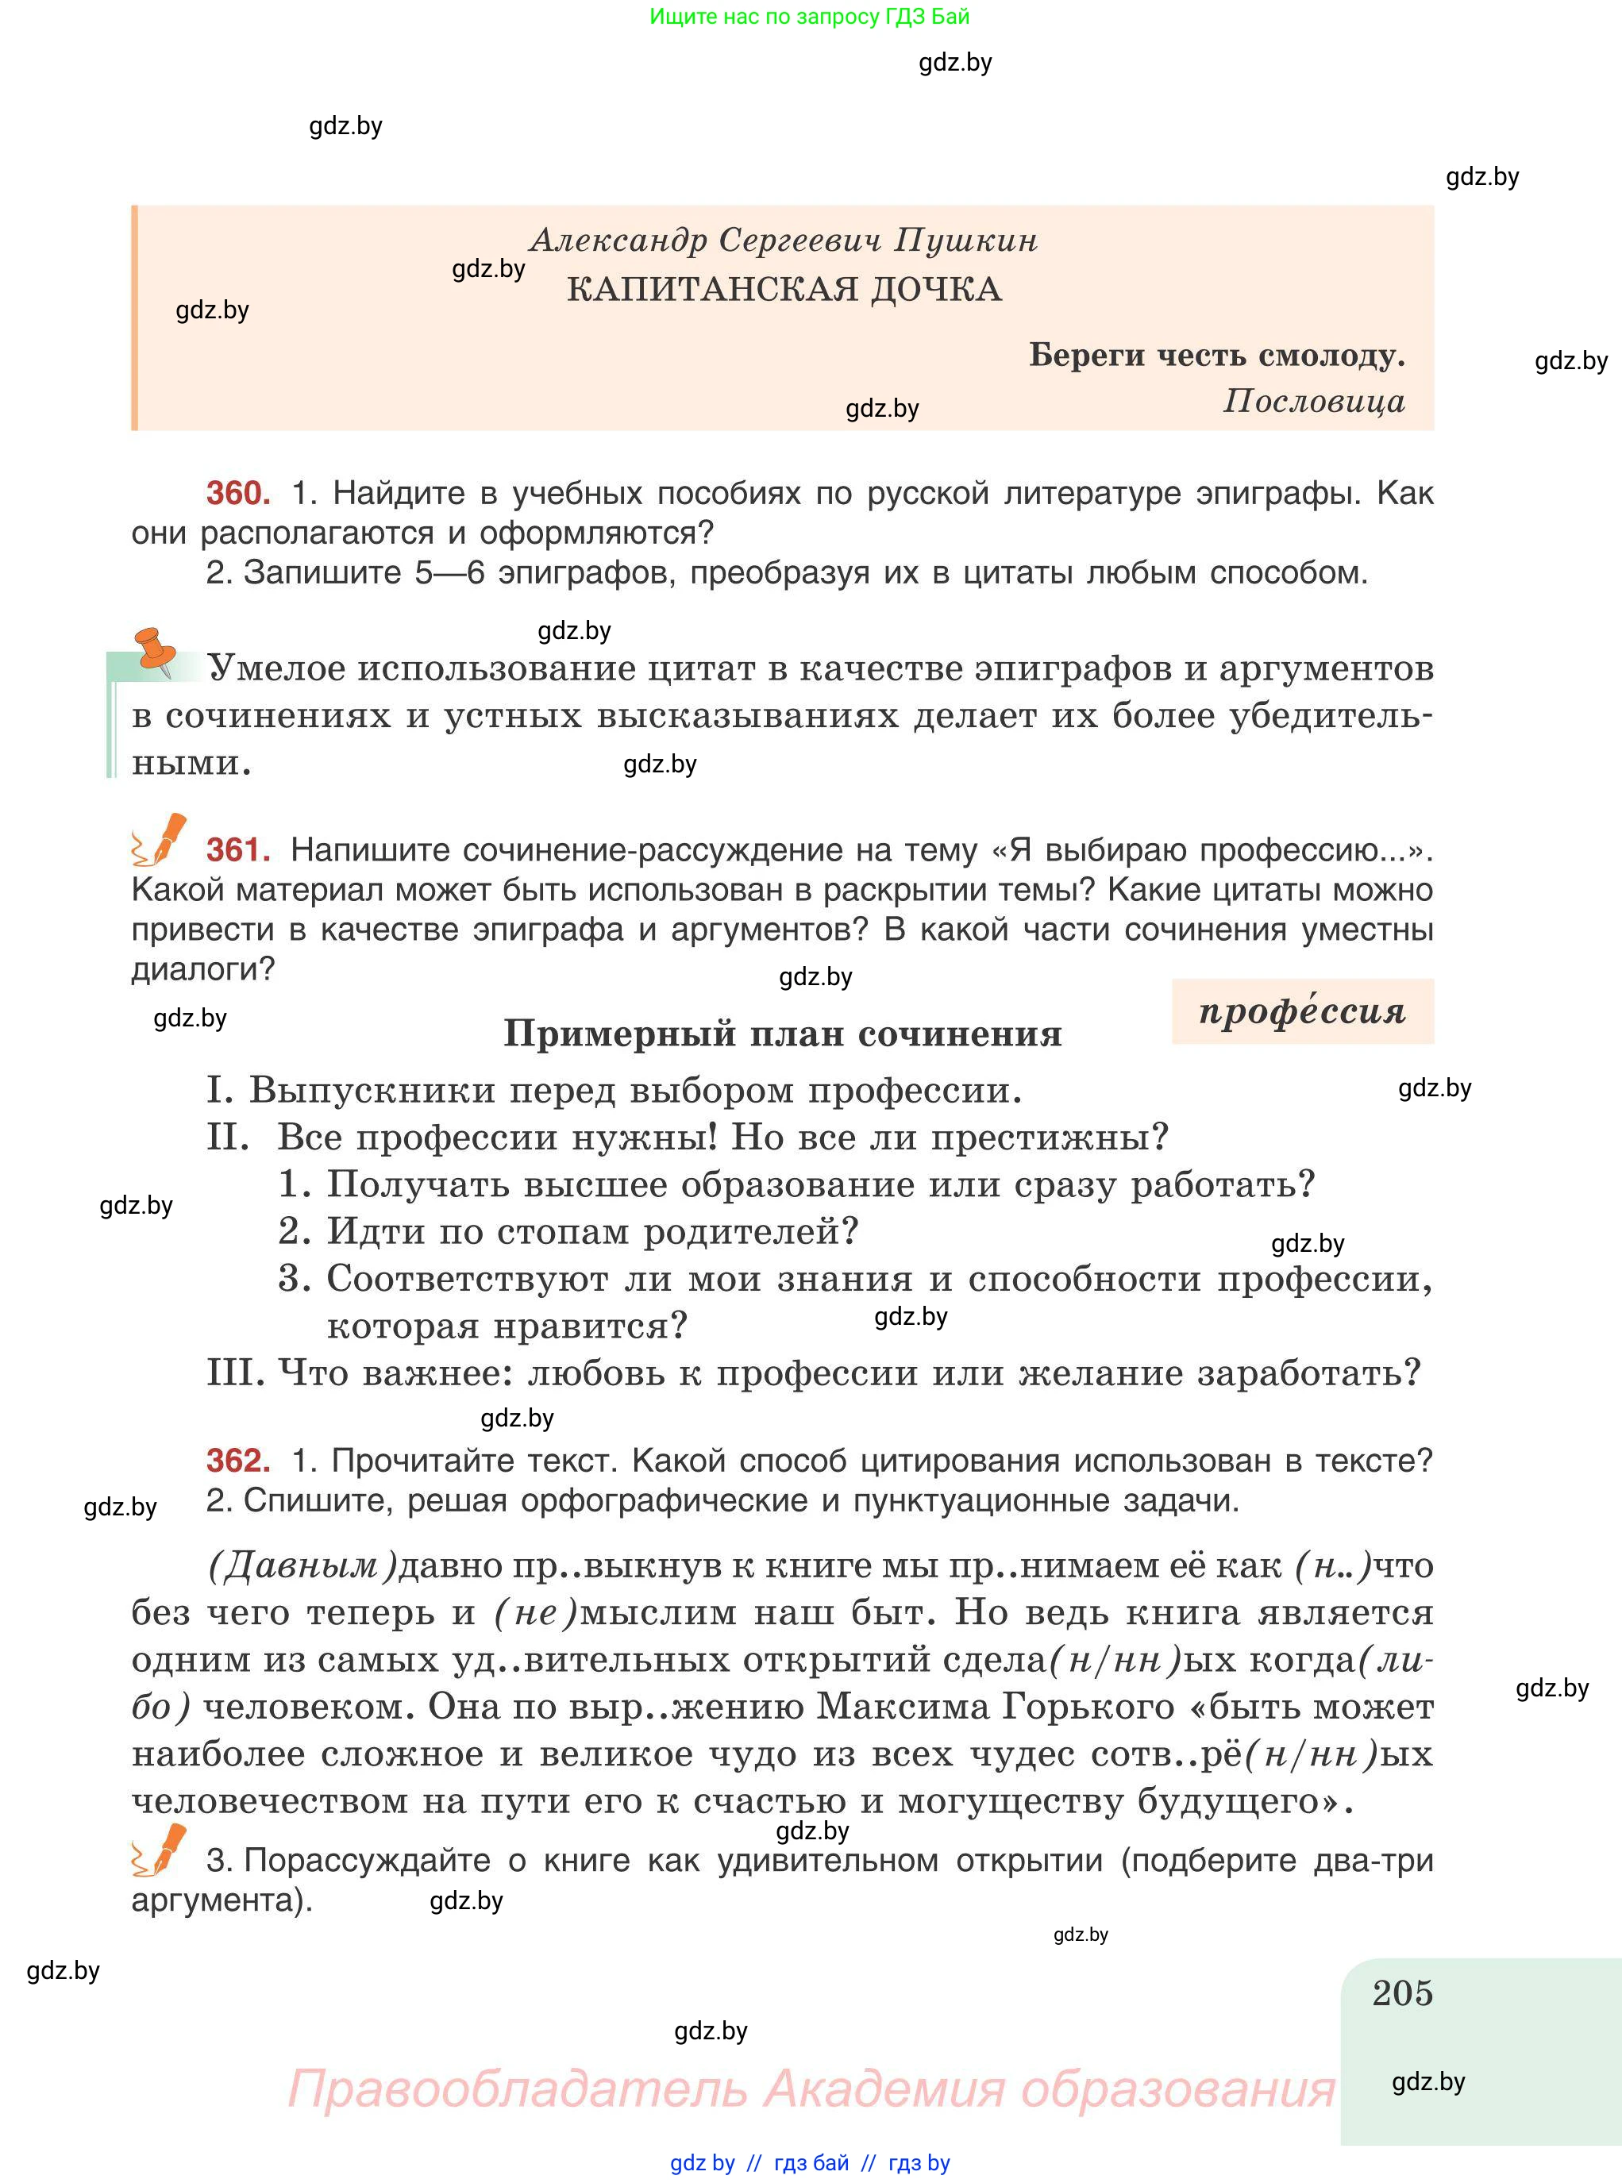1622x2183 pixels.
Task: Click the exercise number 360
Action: (237, 493)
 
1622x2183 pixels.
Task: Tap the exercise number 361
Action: (237, 849)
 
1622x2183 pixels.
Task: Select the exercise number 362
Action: (237, 1461)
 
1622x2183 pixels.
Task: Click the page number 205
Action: (1402, 1993)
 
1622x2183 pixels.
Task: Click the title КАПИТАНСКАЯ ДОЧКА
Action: (784, 289)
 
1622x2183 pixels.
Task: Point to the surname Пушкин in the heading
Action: (966, 240)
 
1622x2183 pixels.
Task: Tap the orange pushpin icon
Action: (155, 650)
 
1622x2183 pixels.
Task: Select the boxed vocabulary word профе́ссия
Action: (1302, 1011)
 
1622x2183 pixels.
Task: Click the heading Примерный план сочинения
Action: (783, 1034)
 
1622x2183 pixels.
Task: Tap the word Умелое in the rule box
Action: (276, 668)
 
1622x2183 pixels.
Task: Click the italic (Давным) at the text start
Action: (302, 1565)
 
